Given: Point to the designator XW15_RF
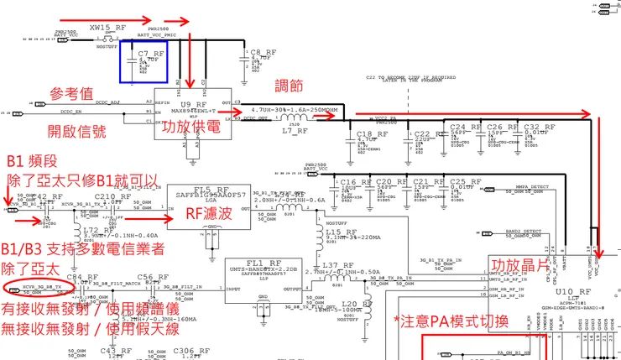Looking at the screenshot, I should pos(107,28).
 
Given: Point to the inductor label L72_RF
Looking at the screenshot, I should pos(97,229).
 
